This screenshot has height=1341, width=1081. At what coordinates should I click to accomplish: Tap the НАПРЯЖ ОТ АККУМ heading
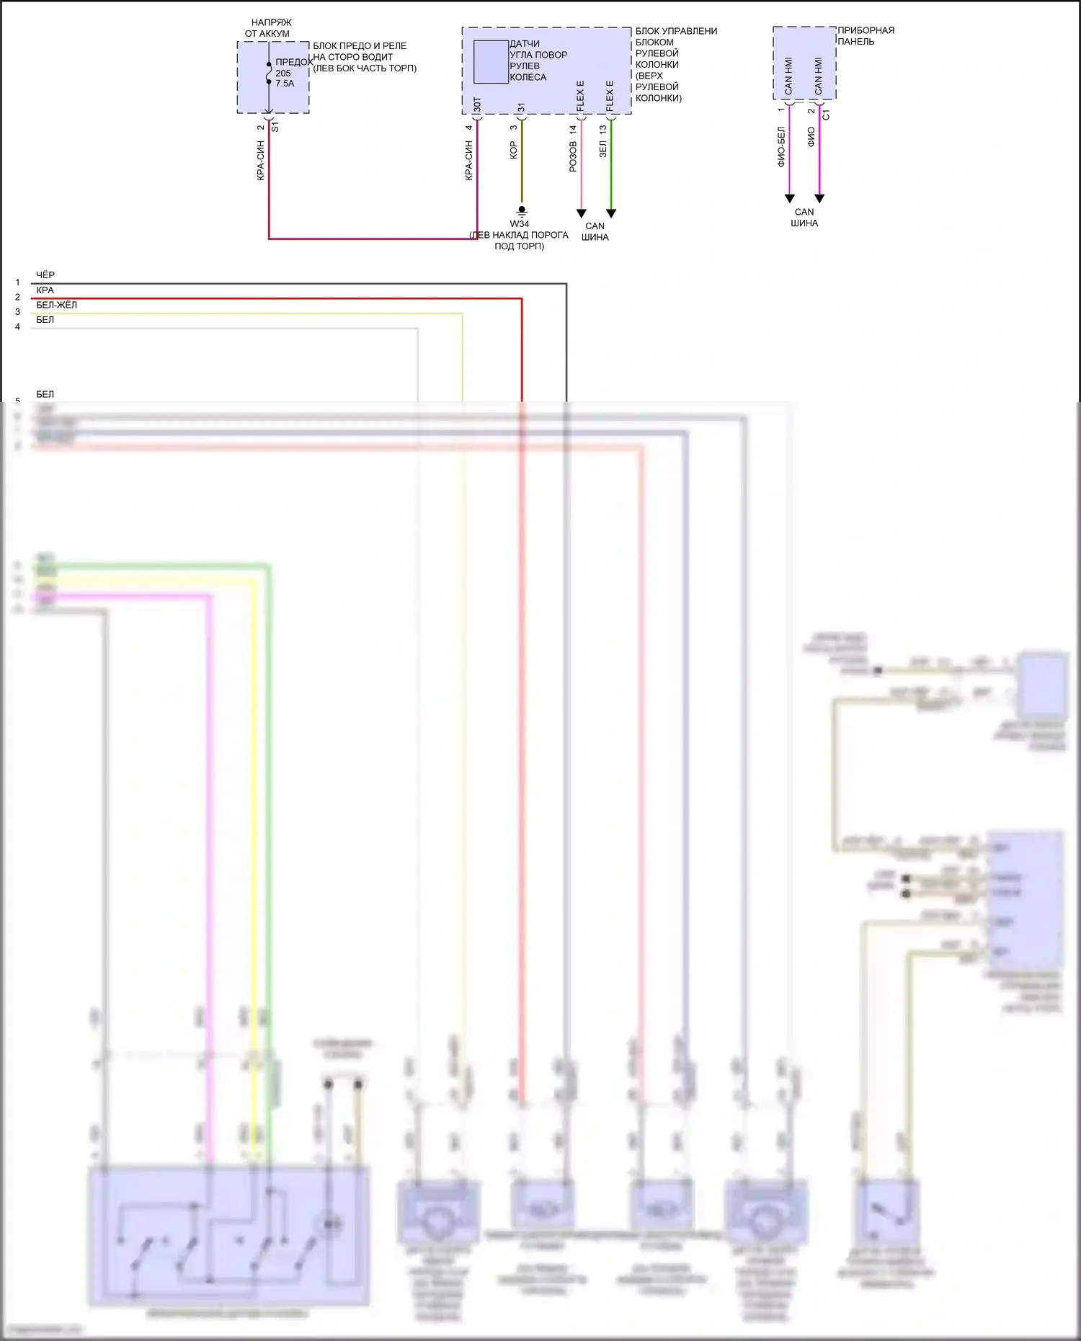[x=269, y=28]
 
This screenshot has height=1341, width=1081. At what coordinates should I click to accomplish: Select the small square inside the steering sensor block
[x=491, y=62]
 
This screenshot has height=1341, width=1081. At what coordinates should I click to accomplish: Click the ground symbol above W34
[x=522, y=211]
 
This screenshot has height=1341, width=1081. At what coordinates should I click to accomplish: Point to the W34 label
[x=520, y=223]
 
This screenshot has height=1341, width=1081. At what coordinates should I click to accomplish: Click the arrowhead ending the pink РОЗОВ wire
[x=582, y=213]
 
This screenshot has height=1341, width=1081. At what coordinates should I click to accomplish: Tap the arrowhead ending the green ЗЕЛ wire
[x=611, y=213]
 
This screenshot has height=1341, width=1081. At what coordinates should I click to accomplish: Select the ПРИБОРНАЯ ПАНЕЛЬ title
[x=866, y=36]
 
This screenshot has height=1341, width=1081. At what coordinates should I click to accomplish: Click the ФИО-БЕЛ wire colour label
[x=781, y=147]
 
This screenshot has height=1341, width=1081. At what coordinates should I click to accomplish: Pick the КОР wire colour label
[x=514, y=150]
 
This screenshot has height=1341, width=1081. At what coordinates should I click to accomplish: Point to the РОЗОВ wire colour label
[x=573, y=156]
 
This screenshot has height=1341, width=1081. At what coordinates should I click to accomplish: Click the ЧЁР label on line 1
[x=45, y=275]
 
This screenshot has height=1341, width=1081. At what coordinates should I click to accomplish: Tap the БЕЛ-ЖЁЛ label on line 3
[x=56, y=305]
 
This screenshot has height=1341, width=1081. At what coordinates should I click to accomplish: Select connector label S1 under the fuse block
[x=275, y=127]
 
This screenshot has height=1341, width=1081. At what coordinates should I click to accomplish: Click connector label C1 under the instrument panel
[x=827, y=115]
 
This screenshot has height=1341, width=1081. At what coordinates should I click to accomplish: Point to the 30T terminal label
[x=477, y=105]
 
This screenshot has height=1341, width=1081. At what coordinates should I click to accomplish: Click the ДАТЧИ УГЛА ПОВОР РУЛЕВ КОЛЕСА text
[x=538, y=61]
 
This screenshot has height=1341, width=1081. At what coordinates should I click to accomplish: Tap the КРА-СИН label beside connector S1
[x=261, y=160]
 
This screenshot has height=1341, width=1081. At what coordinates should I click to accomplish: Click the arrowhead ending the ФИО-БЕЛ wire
[x=789, y=199]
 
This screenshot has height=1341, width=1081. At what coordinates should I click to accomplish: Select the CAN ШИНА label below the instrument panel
[x=804, y=218]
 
